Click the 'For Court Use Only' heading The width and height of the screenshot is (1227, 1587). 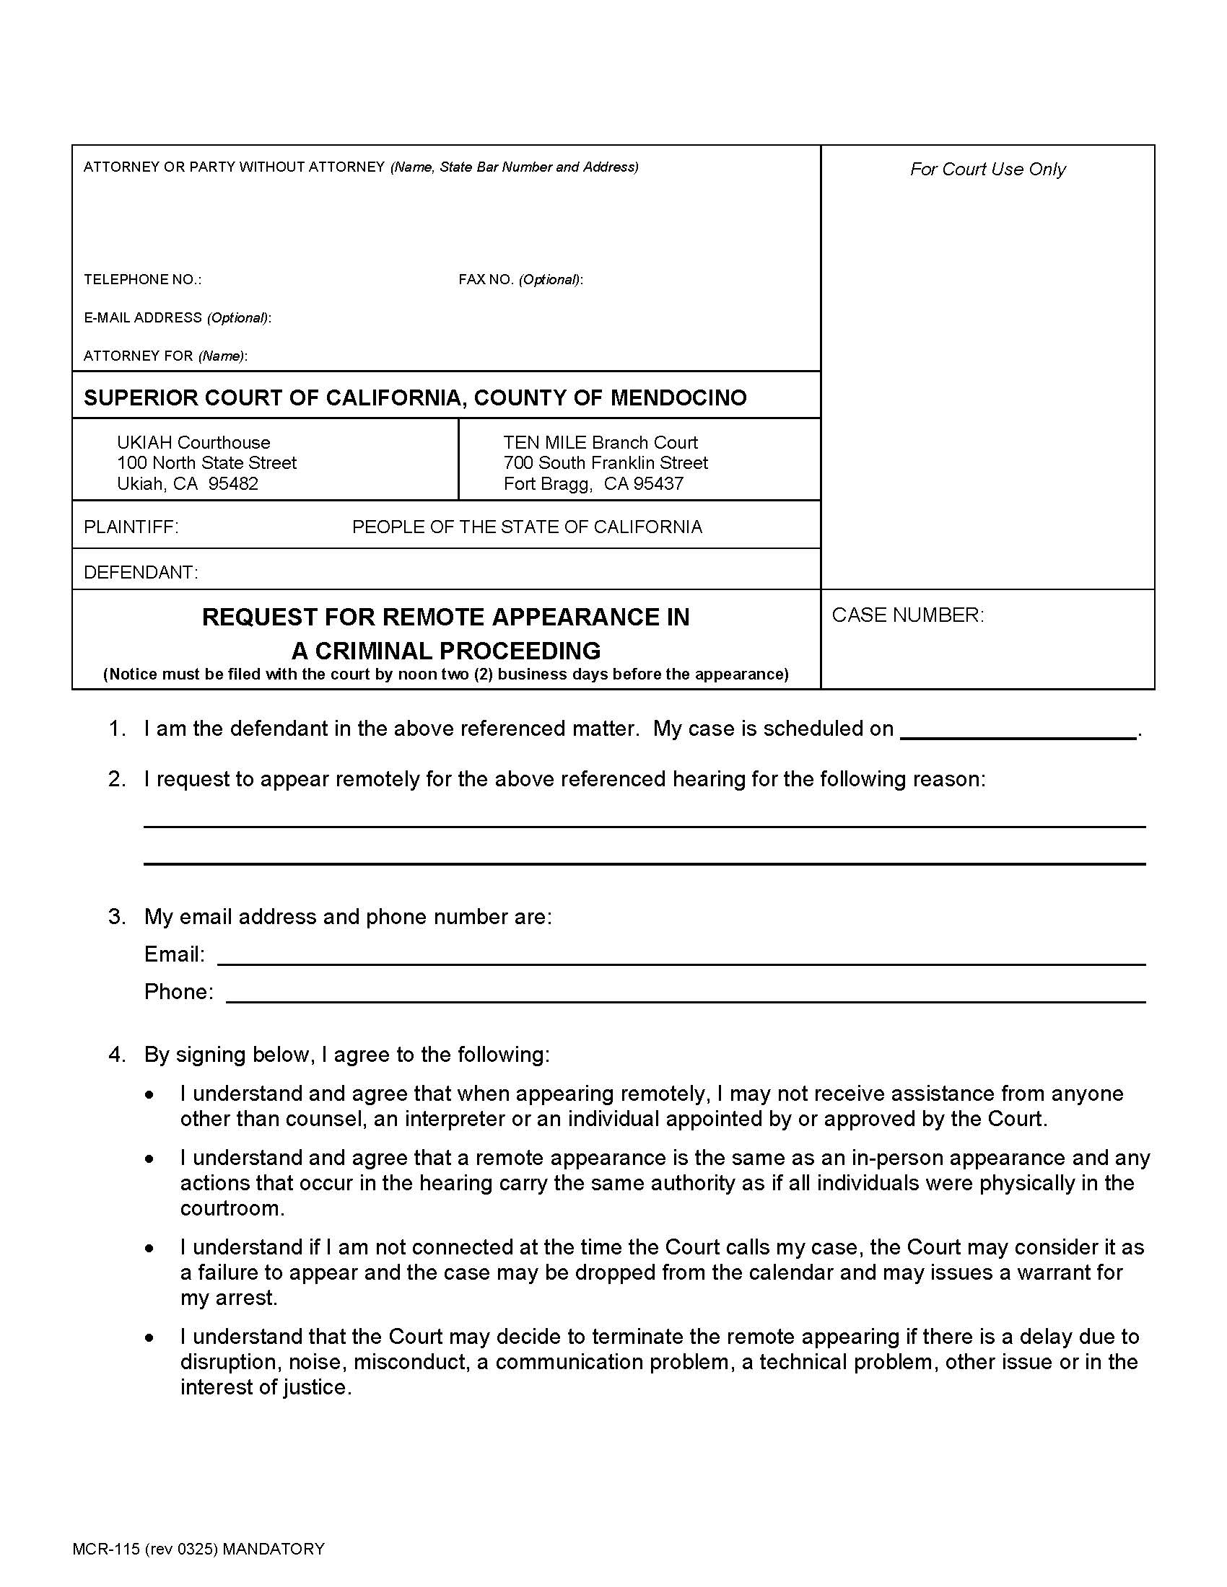pyautogui.click(x=987, y=170)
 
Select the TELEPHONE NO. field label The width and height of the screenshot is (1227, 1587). pyautogui.click(x=142, y=280)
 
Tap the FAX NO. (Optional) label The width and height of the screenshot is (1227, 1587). pyautogui.click(x=520, y=280)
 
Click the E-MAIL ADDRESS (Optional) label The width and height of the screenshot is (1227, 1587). pyautogui.click(x=177, y=317)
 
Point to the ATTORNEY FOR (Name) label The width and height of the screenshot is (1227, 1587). pyautogui.click(x=165, y=356)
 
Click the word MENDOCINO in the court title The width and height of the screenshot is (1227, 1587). pyautogui.click(x=678, y=397)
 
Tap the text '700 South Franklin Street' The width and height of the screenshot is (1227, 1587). pyautogui.click(x=605, y=463)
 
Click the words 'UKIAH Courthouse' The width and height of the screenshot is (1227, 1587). pyautogui.click(x=193, y=442)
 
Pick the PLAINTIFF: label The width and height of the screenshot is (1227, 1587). pyautogui.click(x=131, y=527)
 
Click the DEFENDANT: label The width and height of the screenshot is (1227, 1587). pyautogui.click(x=141, y=573)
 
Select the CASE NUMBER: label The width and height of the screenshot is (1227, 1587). pyautogui.click(x=907, y=615)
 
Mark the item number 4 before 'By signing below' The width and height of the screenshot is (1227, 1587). pyautogui.click(x=117, y=1055)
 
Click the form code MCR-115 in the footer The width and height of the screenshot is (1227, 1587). pyautogui.click(x=105, y=1549)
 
